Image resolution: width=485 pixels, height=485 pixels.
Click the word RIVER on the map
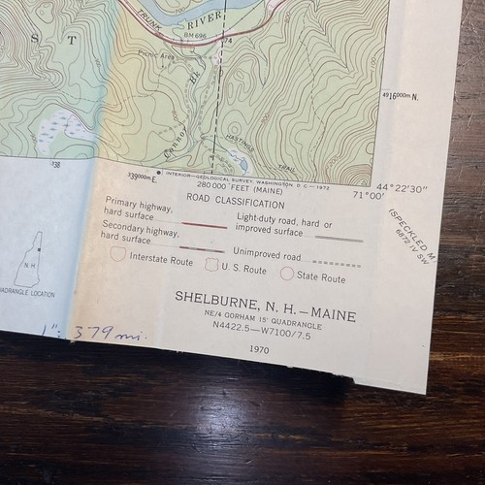pos(194,28)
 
